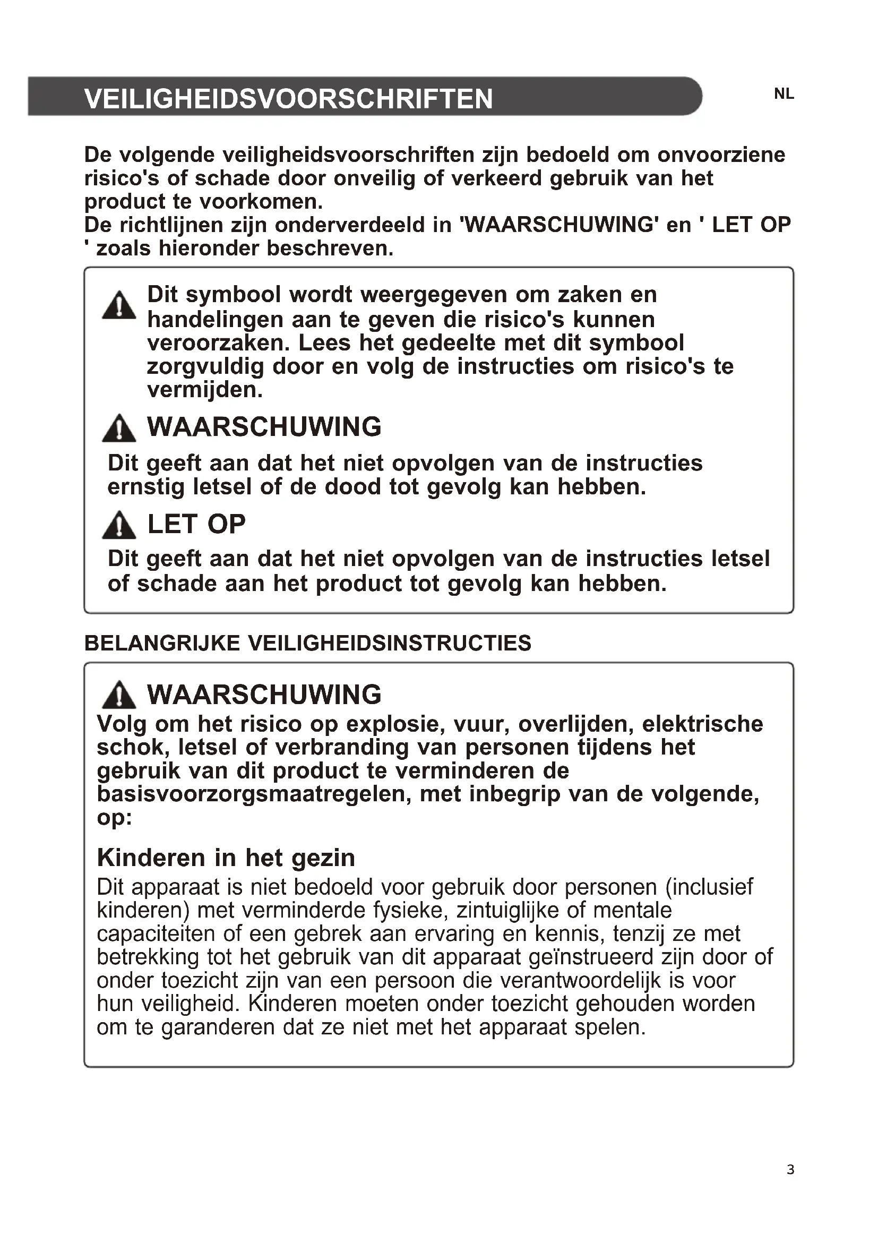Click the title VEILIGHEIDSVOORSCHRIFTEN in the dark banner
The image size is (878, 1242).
coord(288,99)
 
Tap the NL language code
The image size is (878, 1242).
coord(784,94)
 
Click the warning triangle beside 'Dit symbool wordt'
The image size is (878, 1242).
coord(119,306)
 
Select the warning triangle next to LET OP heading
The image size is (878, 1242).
coord(119,525)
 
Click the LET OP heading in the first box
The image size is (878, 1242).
coord(196,524)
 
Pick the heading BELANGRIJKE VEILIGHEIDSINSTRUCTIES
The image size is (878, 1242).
coord(308,643)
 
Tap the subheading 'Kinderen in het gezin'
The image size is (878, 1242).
coord(226,858)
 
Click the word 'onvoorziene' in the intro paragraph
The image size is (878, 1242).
coord(721,155)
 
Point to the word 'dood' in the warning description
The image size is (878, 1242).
coord(354,487)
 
